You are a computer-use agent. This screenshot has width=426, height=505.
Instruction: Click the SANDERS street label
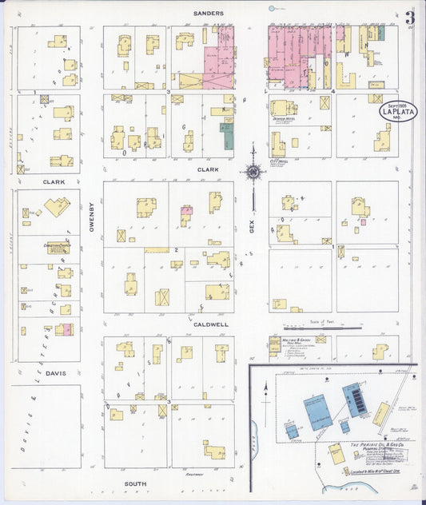click(209, 14)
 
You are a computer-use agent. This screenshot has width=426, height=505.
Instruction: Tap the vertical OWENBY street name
click(92, 213)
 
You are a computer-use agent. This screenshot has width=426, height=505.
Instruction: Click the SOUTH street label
click(136, 484)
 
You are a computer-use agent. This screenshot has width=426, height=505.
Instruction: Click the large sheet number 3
click(410, 18)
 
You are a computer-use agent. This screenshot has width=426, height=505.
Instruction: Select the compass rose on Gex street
click(253, 170)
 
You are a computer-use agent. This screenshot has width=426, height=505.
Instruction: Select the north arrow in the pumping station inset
click(265, 389)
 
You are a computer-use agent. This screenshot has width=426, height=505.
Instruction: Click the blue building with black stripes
click(355, 397)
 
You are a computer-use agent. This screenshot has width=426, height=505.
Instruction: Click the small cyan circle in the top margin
click(273, 9)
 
